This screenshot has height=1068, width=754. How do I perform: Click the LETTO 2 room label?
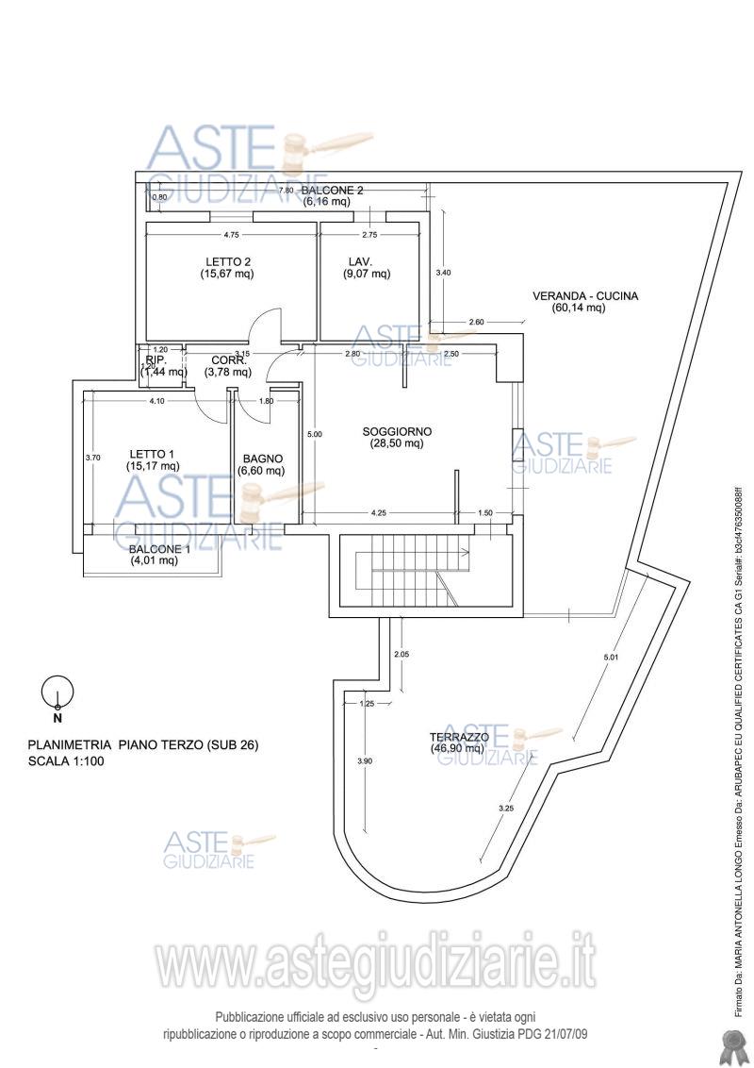tap(227, 261)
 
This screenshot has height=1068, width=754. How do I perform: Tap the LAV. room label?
tap(360, 261)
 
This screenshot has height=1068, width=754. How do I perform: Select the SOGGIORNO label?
tap(397, 432)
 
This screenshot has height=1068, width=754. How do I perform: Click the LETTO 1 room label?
tap(153, 453)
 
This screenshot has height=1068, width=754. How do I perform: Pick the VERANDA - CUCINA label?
tap(585, 295)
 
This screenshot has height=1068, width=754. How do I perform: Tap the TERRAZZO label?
tap(459, 736)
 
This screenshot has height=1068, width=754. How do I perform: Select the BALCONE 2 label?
tap(332, 190)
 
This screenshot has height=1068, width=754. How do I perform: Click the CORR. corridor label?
tap(229, 360)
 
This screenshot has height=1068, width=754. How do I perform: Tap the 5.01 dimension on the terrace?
tap(612, 655)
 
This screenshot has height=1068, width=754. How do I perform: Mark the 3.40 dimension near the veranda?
tap(442, 273)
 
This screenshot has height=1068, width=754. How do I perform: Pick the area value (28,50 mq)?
tap(397, 443)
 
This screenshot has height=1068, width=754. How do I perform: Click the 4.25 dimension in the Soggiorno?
tap(379, 513)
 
